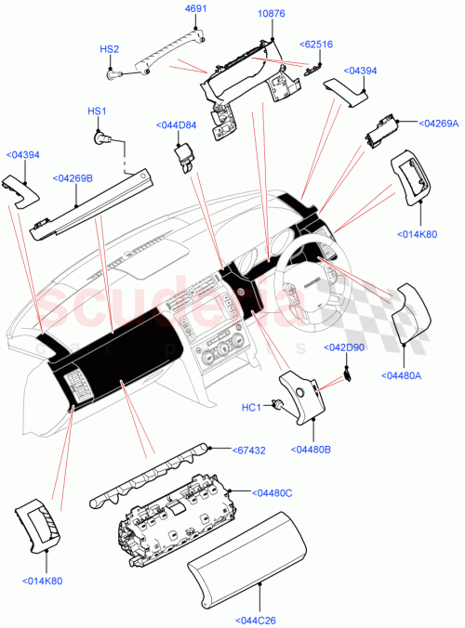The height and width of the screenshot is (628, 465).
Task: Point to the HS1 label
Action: tap(98, 112)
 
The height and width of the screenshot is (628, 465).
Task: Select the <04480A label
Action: tap(402, 375)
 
